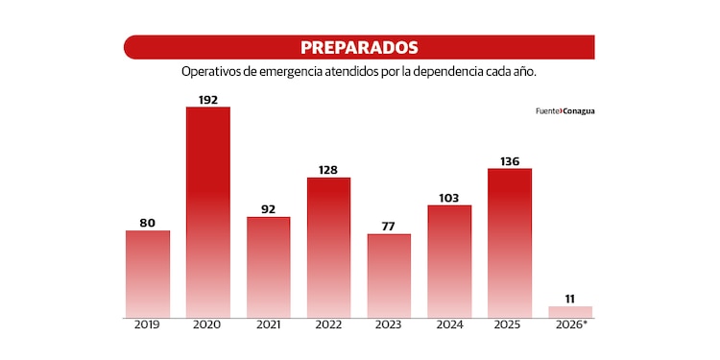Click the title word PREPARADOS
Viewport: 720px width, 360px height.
click(x=359, y=47)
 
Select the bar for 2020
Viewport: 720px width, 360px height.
click(x=207, y=211)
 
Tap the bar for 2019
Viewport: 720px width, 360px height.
click(x=147, y=274)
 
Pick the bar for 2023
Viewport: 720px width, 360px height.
click(x=389, y=276)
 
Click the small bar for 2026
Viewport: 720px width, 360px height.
click(x=570, y=311)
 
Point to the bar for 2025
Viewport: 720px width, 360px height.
click(x=510, y=243)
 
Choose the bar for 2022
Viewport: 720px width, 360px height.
click(x=328, y=247)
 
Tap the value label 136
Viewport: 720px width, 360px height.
click(x=510, y=160)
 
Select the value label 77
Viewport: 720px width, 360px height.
click(x=389, y=226)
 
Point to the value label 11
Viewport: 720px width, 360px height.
click(x=570, y=298)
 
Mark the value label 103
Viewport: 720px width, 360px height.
click(x=449, y=197)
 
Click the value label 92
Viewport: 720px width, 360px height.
click(x=268, y=208)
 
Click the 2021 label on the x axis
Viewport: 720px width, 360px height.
click(x=268, y=325)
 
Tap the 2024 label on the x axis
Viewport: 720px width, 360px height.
click(x=449, y=325)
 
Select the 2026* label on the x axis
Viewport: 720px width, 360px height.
click(x=570, y=325)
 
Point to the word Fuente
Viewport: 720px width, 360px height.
click(x=547, y=110)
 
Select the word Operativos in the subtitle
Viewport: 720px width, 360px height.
click(x=210, y=72)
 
